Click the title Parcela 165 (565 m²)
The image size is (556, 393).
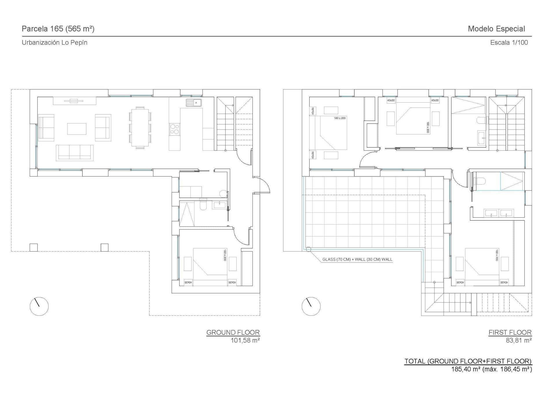click(58, 29)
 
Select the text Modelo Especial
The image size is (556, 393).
click(496, 29)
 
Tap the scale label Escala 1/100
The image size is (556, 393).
click(509, 43)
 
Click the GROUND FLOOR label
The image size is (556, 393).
click(233, 332)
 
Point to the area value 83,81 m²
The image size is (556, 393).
click(518, 340)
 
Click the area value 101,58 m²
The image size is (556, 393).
click(245, 340)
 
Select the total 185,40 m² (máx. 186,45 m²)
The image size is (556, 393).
click(491, 369)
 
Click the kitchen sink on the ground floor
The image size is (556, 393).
click(194, 103)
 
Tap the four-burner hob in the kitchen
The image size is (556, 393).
click(174, 129)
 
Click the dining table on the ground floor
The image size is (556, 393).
click(140, 128)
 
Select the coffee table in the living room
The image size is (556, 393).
click(77, 129)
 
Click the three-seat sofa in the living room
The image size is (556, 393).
click(75, 153)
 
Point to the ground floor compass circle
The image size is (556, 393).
click(39, 306)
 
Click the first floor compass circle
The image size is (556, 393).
click(311, 306)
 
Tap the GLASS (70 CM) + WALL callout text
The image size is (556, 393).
click(357, 259)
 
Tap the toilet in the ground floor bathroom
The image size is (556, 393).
click(203, 206)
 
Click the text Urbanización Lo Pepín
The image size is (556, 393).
click(54, 43)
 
